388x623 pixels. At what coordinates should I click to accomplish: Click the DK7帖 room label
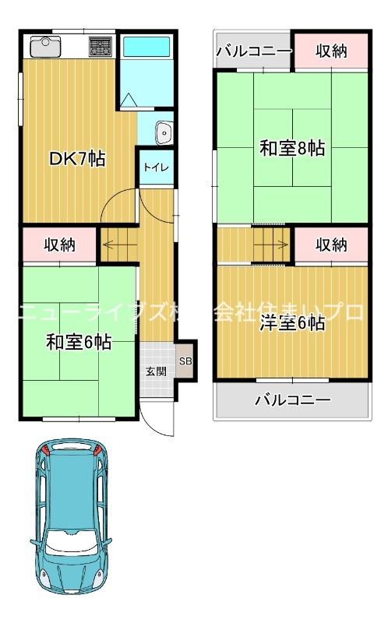pyautogui.click(x=77, y=159)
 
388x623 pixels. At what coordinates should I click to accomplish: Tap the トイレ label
pyautogui.click(x=156, y=167)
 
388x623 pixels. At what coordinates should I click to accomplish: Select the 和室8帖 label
pyautogui.click(x=292, y=149)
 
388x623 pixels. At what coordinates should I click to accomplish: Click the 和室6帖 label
pyautogui.click(x=78, y=341)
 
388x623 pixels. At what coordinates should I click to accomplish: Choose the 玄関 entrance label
pyautogui.click(x=155, y=371)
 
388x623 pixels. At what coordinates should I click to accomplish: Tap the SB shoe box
pyautogui.click(x=185, y=361)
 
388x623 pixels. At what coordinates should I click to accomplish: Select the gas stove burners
pyautogui.click(x=100, y=47)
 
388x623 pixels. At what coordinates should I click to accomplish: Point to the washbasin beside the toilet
pyautogui.click(x=164, y=133)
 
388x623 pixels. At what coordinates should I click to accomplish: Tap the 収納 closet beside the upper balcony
pyautogui.click(x=331, y=51)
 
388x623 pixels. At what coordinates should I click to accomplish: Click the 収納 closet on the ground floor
pyautogui.click(x=59, y=245)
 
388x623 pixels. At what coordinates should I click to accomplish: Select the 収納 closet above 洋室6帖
pyautogui.click(x=331, y=245)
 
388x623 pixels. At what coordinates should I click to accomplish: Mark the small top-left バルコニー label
pyautogui.click(x=254, y=51)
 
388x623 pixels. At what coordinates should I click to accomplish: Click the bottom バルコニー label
pyautogui.click(x=293, y=400)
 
